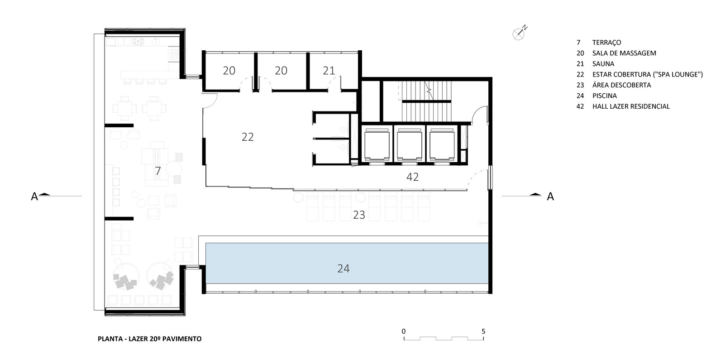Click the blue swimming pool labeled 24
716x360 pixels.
pyautogui.click(x=347, y=263)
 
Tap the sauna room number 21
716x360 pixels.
pyautogui.click(x=329, y=70)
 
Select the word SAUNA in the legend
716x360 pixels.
pyautogui.click(x=603, y=64)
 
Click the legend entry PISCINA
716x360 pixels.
pyautogui.click(x=605, y=96)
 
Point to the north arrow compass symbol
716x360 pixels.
pyautogui.click(x=520, y=33)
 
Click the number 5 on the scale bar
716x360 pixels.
pyautogui.click(x=483, y=331)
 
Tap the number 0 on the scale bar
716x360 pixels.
pyautogui.click(x=404, y=331)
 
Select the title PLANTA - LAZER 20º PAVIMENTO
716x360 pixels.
pyautogui.click(x=150, y=339)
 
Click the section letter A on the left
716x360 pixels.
pyautogui.click(x=34, y=197)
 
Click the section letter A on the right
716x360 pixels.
pyautogui.click(x=550, y=197)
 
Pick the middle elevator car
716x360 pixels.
pyautogui.click(x=410, y=144)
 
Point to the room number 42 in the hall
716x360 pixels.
pyautogui.click(x=412, y=177)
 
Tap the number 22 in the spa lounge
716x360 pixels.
pyautogui.click(x=248, y=137)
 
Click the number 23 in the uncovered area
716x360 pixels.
pyautogui.click(x=359, y=215)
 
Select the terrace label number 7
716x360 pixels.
pyautogui.click(x=158, y=171)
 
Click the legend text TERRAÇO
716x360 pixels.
pyautogui.click(x=606, y=43)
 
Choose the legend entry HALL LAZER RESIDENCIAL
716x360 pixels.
pyautogui.click(x=631, y=106)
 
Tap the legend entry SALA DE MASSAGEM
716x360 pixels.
pyautogui.click(x=624, y=53)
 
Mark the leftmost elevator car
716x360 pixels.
pyautogui.click(x=377, y=144)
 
